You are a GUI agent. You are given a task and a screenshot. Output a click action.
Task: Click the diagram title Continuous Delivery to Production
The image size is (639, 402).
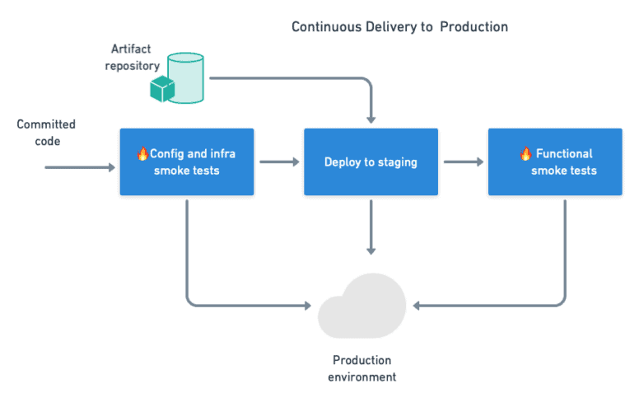(x=399, y=27)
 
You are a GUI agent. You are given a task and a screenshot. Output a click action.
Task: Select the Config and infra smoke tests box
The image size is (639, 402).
(x=187, y=161)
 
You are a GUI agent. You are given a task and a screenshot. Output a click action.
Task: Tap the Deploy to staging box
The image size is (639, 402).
(x=371, y=161)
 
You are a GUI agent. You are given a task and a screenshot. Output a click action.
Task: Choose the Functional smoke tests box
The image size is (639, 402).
(x=555, y=161)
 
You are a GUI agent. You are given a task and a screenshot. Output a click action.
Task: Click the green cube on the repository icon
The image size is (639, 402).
(x=161, y=89)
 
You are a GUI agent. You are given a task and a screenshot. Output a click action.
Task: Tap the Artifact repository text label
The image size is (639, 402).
(x=135, y=57)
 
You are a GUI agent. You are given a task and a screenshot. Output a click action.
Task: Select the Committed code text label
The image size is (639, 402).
(x=46, y=132)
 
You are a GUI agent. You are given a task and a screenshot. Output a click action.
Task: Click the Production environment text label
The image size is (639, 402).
(x=362, y=368)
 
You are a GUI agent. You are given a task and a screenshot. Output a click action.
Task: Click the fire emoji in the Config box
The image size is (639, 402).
(x=142, y=154)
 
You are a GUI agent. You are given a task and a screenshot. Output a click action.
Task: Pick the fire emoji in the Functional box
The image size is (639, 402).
(x=525, y=154)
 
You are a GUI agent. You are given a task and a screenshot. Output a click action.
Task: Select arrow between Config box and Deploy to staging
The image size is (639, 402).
(x=280, y=162)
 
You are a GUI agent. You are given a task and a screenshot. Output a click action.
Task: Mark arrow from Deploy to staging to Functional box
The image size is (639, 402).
(x=464, y=162)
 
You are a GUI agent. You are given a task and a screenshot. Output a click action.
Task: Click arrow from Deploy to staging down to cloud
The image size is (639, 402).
(x=371, y=227)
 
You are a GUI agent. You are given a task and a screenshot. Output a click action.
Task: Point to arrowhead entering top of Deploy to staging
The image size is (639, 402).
(x=371, y=119)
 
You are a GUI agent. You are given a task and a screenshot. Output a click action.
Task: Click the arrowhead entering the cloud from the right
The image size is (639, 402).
(x=417, y=306)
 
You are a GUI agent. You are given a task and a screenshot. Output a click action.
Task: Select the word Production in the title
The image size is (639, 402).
(x=473, y=27)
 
